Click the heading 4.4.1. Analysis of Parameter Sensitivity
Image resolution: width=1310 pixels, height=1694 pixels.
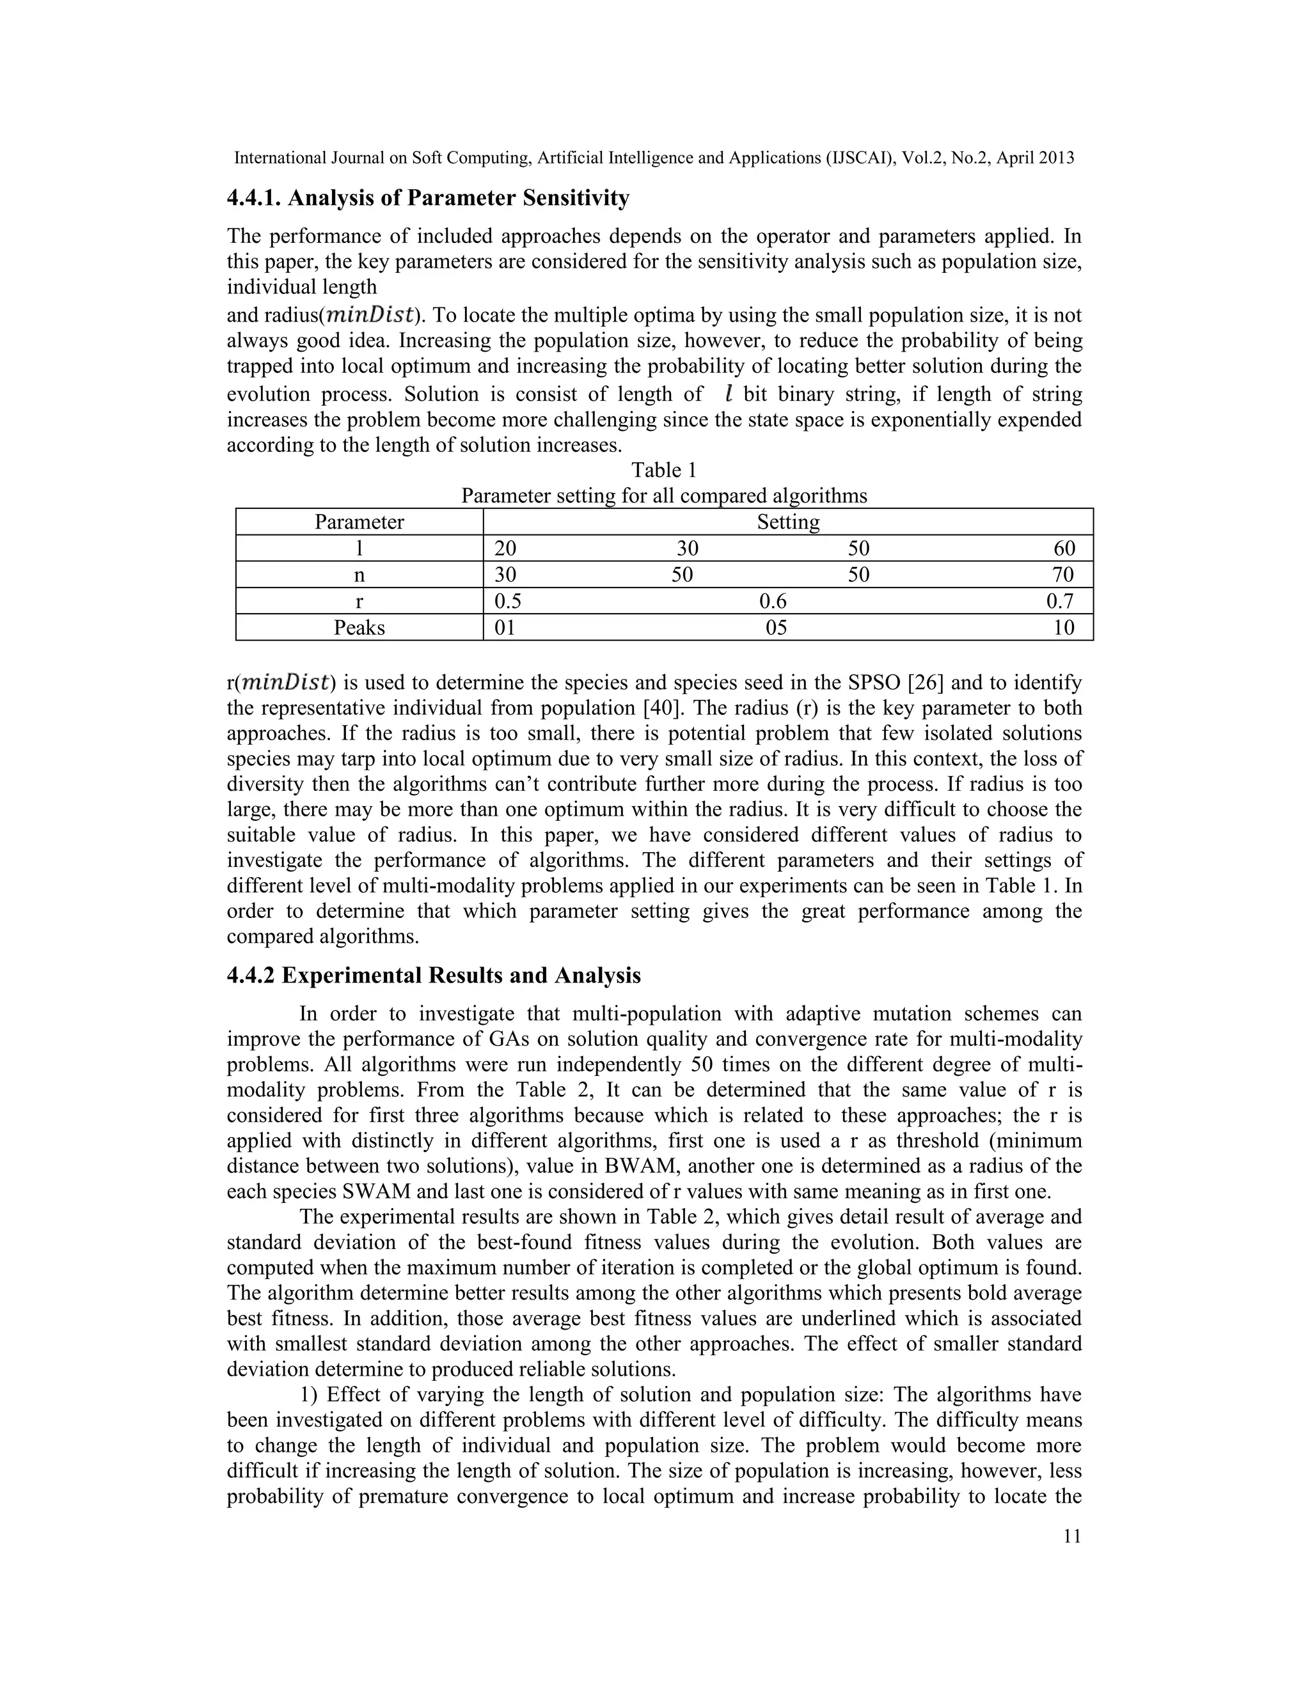click(x=428, y=199)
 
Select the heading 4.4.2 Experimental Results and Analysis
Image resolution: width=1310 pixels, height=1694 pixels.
click(x=434, y=975)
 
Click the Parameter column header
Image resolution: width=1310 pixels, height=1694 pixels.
click(x=359, y=522)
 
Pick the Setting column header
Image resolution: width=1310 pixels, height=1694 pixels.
click(x=787, y=522)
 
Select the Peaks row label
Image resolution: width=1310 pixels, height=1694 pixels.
click(x=359, y=628)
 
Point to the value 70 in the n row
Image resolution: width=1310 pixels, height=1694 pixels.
click(x=1062, y=575)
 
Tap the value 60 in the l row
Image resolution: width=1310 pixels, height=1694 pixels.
click(x=1064, y=549)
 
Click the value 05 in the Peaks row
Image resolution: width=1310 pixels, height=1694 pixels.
click(x=776, y=628)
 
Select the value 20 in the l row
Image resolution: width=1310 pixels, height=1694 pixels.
click(x=505, y=549)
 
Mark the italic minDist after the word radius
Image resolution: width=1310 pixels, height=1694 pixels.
click(x=370, y=316)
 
